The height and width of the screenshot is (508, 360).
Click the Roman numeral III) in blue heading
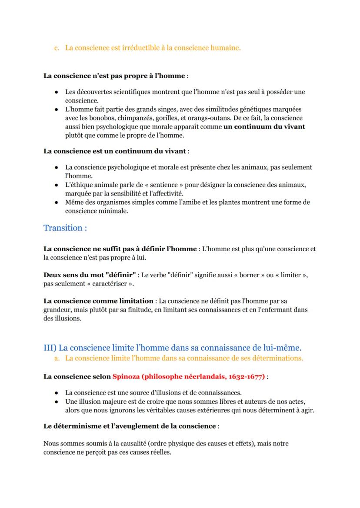pyautogui.click(x=50, y=348)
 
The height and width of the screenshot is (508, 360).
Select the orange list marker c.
pyautogui.click(x=57, y=48)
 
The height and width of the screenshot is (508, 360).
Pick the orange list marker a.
pyautogui.click(x=57, y=359)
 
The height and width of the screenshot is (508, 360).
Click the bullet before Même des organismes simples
pyautogui.click(x=57, y=202)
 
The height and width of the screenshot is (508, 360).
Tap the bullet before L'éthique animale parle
pyautogui.click(x=57, y=185)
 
